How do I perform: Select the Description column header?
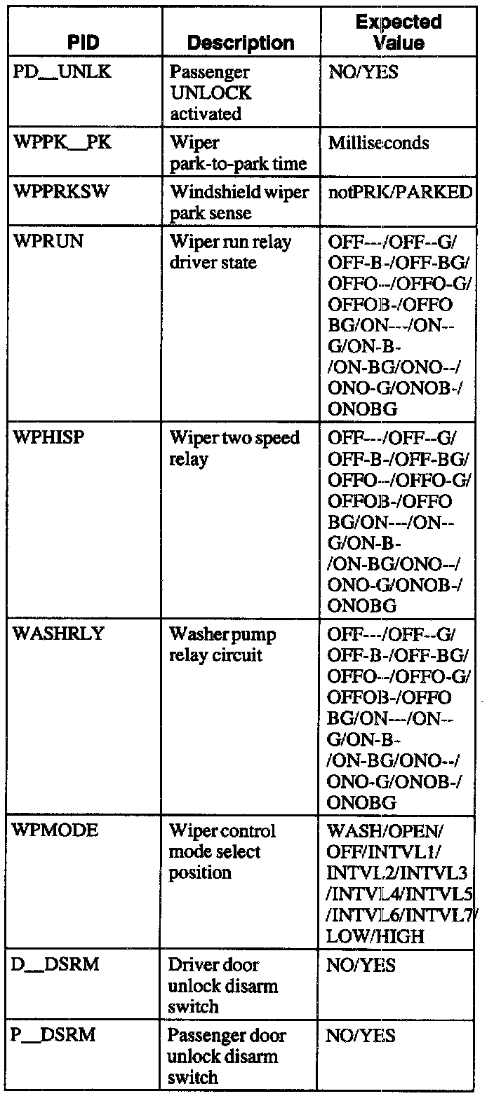[241, 43]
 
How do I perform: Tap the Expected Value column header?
[398, 32]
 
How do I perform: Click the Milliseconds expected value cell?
[379, 144]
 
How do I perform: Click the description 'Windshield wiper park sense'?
[239, 203]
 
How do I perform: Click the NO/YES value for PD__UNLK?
[363, 73]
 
